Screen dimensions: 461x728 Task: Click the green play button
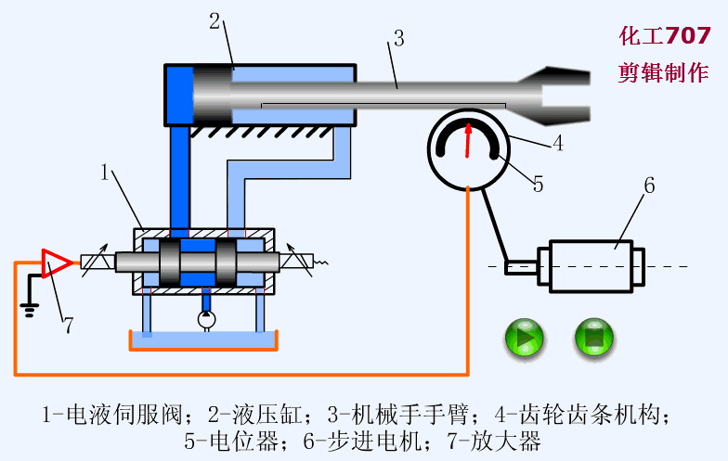[x=524, y=339]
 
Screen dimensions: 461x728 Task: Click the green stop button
[x=594, y=339]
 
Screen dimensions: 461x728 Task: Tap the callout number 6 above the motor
[x=649, y=186]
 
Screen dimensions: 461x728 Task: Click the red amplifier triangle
[x=57, y=263]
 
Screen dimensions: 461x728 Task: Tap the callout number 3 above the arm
[x=397, y=39]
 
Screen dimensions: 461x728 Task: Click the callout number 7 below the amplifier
[x=67, y=326]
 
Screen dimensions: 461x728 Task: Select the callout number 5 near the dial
[x=538, y=184]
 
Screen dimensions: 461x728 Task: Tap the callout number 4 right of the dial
[x=557, y=144]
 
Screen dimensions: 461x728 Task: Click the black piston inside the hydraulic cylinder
[x=212, y=95]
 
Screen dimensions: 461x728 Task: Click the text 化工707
[x=665, y=36]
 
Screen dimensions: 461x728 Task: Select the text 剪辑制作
[x=665, y=74]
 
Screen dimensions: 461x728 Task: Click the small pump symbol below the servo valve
[x=205, y=319]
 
